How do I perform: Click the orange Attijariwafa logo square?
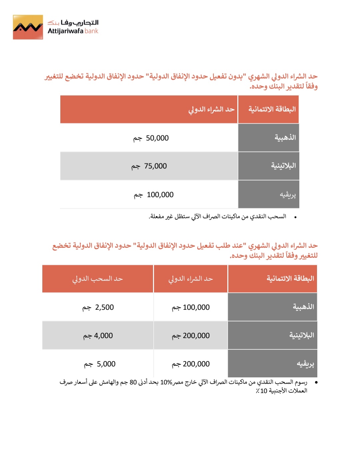point(28,27)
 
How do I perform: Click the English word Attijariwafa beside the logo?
point(65,31)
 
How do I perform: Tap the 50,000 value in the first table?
point(157,138)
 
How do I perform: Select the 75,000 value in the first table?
point(155,166)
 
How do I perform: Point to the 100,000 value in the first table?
point(160,195)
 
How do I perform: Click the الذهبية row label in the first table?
point(285,138)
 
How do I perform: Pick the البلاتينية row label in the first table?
point(283,166)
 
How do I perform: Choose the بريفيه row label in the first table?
point(288,195)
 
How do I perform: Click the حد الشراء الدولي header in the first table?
point(211,109)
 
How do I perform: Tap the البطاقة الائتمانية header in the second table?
point(290,278)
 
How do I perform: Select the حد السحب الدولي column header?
point(98,279)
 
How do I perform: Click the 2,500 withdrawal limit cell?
point(104,307)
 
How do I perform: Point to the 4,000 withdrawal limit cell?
point(103,335)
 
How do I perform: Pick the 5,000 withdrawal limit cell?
point(106,364)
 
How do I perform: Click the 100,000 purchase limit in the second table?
point(196,307)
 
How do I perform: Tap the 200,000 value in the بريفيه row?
point(196,364)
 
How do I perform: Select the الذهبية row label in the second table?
point(303,307)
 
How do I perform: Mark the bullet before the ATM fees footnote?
point(316,383)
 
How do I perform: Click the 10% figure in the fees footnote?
point(166,382)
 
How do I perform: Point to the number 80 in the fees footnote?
point(133,382)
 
